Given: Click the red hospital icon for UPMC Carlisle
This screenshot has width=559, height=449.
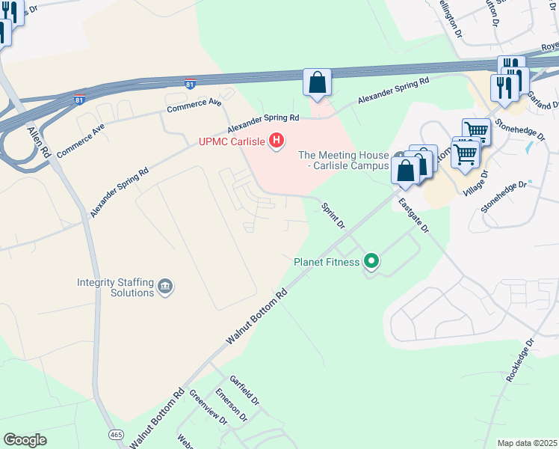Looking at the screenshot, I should [x=277, y=140].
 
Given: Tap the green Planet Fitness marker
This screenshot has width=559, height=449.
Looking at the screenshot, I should [x=371, y=262].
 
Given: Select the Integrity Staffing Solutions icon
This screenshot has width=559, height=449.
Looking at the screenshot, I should [x=165, y=285].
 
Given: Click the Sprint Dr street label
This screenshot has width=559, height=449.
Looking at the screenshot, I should [x=333, y=216].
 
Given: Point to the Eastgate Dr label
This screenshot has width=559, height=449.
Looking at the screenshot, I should [x=413, y=216].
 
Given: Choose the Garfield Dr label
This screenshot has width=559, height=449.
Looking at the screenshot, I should [x=244, y=390].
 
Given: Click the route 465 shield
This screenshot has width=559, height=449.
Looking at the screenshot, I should [x=116, y=434].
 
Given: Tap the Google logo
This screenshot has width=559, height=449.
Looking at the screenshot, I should [x=25, y=440].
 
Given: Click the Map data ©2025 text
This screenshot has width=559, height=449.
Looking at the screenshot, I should [x=527, y=443].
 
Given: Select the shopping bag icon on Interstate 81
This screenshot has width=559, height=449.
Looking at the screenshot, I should [x=317, y=82].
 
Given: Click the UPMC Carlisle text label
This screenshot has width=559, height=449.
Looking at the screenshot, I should [x=232, y=141].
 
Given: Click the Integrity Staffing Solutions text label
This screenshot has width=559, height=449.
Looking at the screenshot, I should [x=115, y=287].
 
